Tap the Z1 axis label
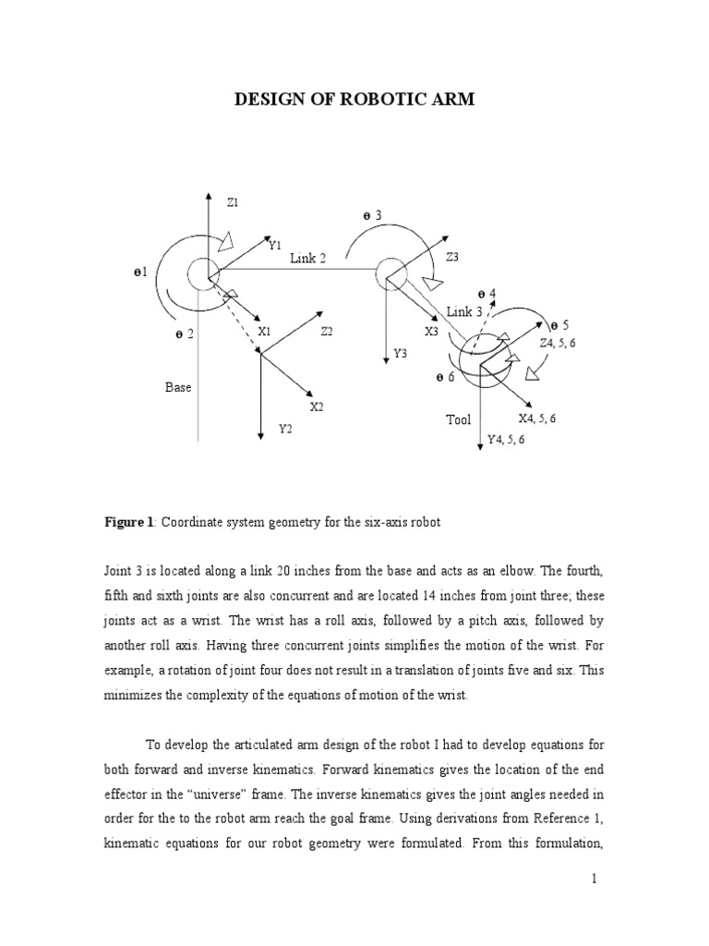point(233,200)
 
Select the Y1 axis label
point(274,245)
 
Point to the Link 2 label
point(307,259)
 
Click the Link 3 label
point(464,311)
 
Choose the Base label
point(178,387)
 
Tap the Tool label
point(459,419)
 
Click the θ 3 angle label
point(372,215)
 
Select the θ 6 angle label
point(445,378)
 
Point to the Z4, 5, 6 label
point(558,343)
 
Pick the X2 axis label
point(317,406)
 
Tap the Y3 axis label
point(400,353)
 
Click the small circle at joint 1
point(200,273)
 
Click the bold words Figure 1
point(128,523)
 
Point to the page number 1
point(596,880)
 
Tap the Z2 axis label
point(327,331)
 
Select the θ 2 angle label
point(184,334)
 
